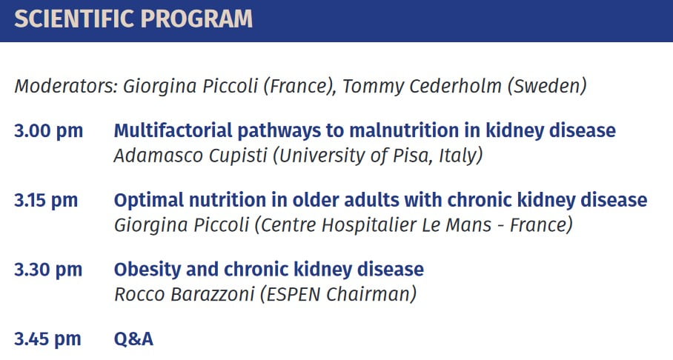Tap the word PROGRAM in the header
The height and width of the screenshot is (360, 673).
tap(196, 19)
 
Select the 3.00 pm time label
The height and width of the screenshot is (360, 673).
tap(48, 131)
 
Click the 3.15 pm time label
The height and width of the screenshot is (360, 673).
tap(46, 201)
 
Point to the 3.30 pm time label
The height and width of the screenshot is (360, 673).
tap(48, 270)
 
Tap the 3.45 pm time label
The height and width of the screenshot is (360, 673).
tap(47, 339)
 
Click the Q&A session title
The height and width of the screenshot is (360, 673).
tap(133, 339)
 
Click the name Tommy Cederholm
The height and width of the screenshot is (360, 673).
tap(422, 86)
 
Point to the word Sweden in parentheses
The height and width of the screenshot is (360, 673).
tap(547, 86)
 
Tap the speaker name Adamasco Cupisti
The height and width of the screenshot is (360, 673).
tap(190, 156)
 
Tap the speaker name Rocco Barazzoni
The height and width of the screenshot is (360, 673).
tap(185, 294)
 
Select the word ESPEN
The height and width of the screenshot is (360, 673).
tap(294, 294)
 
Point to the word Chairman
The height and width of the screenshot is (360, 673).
tap(367, 294)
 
